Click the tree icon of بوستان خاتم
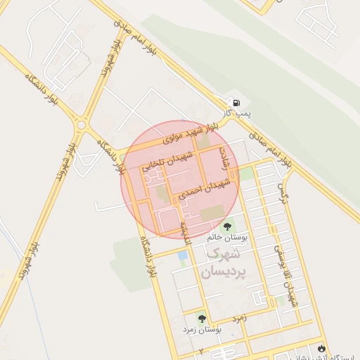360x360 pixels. (x=227, y=226)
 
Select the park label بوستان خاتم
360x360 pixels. (x=225, y=238)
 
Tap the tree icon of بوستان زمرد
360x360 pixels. (x=202, y=319)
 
